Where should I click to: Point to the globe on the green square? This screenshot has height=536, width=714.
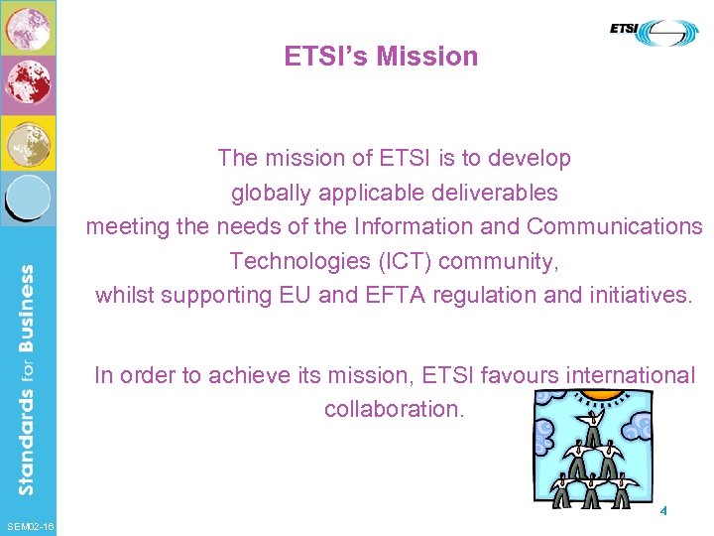point(28,29)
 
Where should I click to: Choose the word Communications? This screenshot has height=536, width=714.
point(614,226)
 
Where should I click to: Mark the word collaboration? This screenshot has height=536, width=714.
point(394,409)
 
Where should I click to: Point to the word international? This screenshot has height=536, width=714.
point(630,375)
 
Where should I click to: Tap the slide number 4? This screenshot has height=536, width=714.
point(662,511)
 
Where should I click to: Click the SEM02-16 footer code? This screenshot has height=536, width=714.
point(30,525)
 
